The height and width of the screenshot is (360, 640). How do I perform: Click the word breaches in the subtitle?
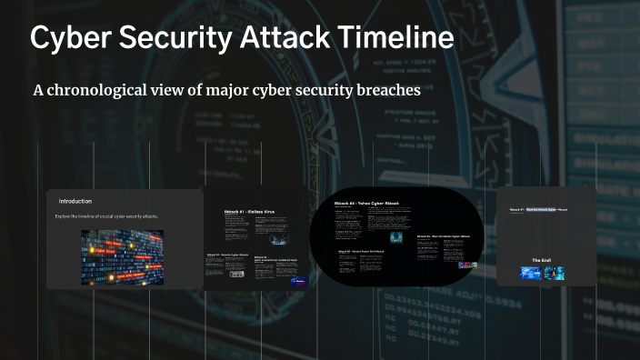pos(388,91)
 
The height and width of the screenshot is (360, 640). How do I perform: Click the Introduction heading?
pos(75,201)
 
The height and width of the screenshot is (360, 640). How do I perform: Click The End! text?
pos(543,260)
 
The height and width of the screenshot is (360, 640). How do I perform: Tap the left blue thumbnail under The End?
pos(530,273)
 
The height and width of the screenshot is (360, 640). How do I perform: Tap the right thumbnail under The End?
pos(554,273)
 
